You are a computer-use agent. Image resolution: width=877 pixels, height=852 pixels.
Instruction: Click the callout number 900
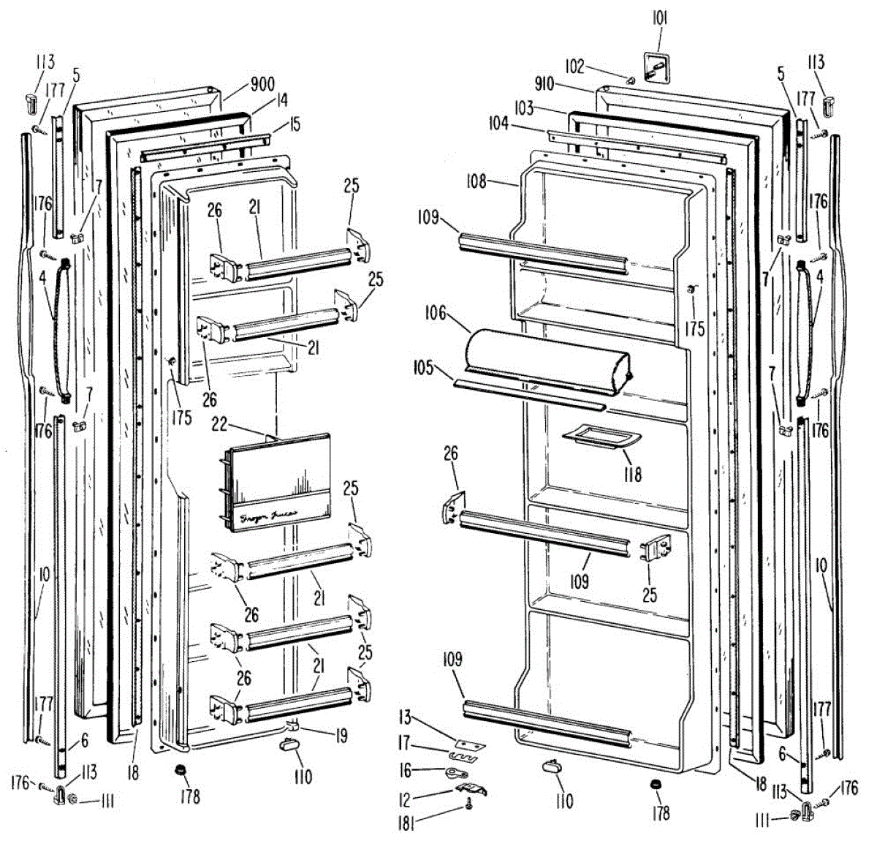point(262,84)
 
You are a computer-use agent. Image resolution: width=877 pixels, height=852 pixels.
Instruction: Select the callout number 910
point(544,83)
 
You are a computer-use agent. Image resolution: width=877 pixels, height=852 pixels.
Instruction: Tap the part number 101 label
point(659,18)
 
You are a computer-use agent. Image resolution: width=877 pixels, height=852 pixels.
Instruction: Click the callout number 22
point(219,424)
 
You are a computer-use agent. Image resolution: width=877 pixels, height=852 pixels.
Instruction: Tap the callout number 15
point(295,124)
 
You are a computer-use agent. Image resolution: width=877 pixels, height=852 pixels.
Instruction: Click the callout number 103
point(523,108)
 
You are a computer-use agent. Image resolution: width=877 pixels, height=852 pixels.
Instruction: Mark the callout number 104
point(499,124)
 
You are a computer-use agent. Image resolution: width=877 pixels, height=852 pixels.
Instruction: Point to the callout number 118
point(633,474)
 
